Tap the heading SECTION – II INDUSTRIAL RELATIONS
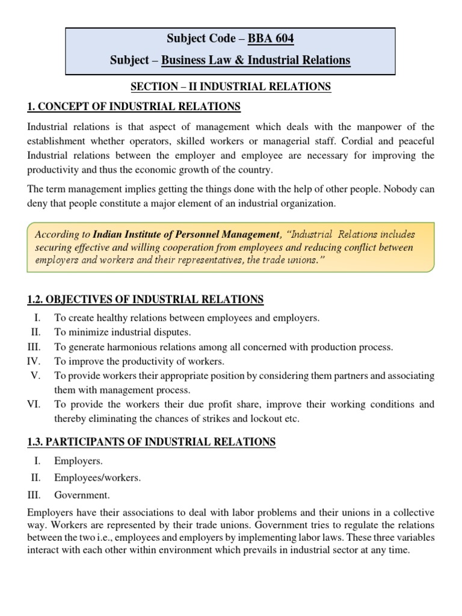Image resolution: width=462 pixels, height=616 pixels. tap(230, 87)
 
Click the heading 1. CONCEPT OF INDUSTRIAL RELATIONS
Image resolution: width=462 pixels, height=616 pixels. tap(134, 107)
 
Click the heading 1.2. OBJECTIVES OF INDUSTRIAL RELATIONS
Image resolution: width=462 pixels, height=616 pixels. tap(146, 300)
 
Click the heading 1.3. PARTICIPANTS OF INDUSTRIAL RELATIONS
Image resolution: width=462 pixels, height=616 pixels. tap(152, 442)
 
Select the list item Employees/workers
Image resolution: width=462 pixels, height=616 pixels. tap(97, 478)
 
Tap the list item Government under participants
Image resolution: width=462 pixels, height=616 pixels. tap(82, 495)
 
